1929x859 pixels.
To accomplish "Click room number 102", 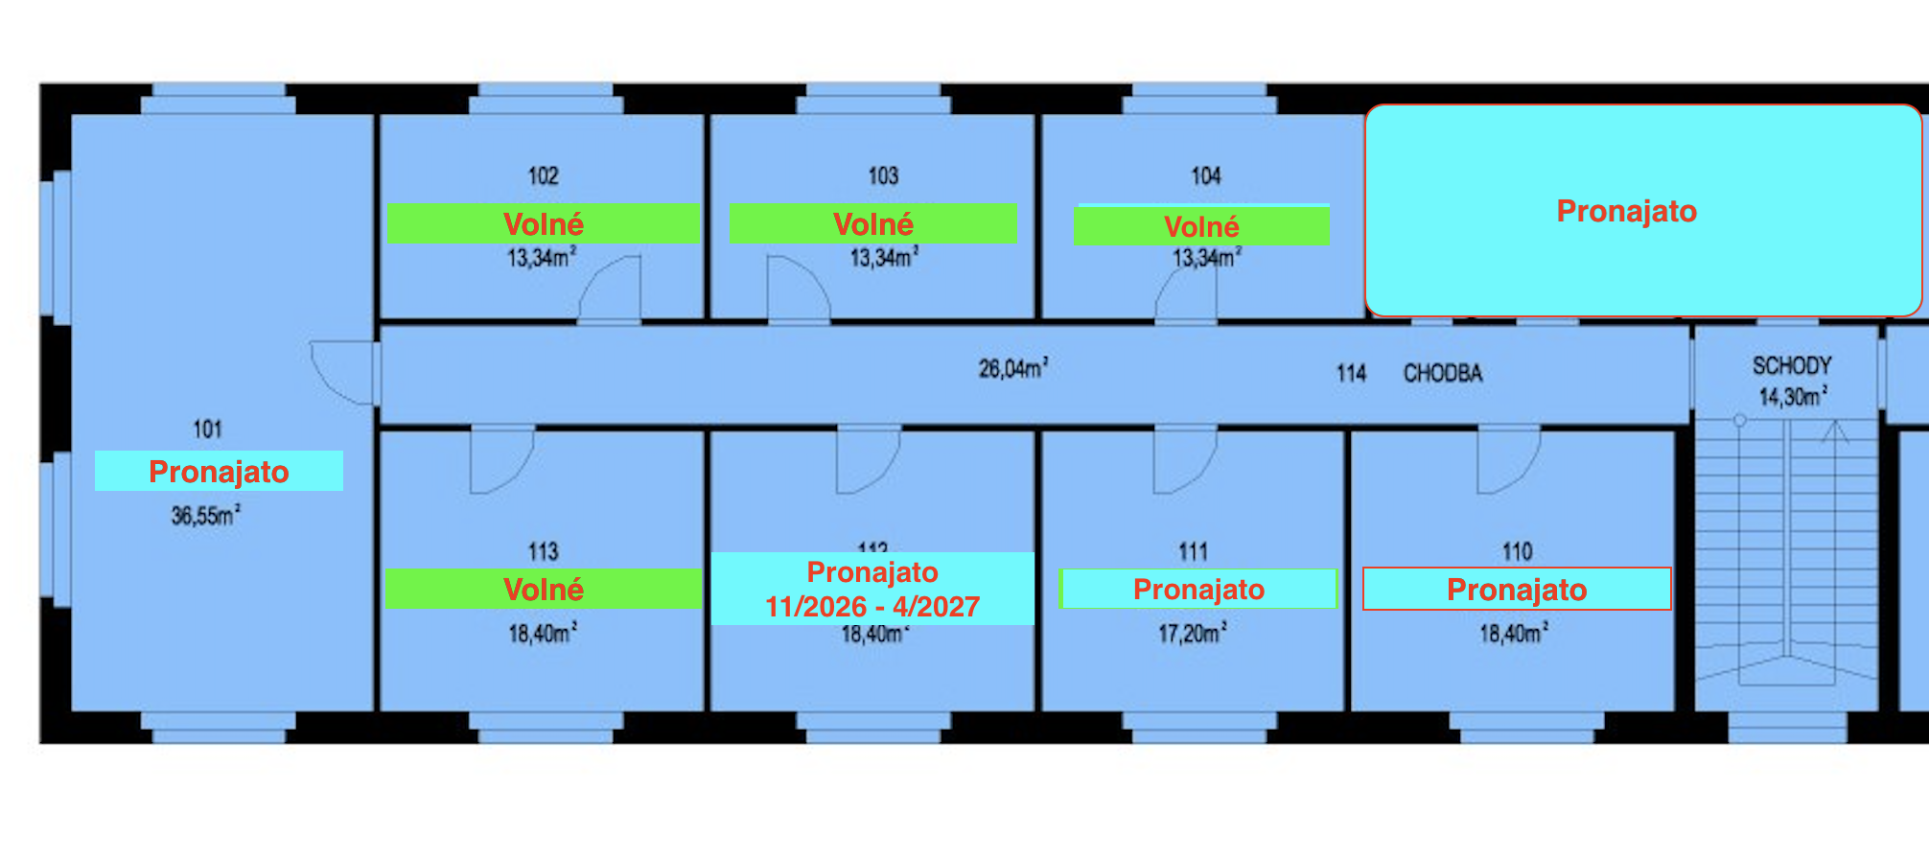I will point(543,176).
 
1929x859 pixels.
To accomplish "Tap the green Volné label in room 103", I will point(872,223).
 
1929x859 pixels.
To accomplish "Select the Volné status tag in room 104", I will point(1201,226).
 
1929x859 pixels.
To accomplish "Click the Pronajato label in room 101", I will point(219,471).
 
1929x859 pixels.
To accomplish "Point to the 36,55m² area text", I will point(205,516).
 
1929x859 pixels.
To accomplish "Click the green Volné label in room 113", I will point(543,589).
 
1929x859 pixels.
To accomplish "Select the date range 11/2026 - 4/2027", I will point(872,607).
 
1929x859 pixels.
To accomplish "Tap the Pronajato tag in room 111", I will point(1198,589).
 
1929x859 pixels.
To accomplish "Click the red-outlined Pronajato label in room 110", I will point(1516,589).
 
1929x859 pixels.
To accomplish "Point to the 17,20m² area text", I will point(1192,634).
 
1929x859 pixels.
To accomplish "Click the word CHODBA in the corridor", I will point(1443,374).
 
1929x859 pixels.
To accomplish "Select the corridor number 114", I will point(1351,374).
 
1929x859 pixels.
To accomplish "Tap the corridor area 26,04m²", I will point(1012,369).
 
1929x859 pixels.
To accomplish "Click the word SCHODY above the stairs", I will point(1791,366).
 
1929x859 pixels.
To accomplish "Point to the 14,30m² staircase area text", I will point(1792,397).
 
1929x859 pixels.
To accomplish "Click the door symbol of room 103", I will point(798,288).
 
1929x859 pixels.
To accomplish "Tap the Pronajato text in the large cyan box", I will point(1626,211).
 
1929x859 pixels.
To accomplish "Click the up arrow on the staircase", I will point(1835,433).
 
